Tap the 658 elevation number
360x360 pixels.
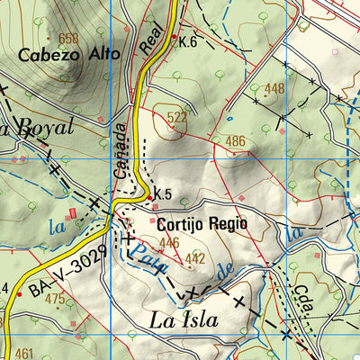(68, 38)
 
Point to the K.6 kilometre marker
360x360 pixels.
(187, 41)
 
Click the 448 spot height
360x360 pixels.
(274, 88)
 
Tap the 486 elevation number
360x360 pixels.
(236, 141)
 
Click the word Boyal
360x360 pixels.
(40, 127)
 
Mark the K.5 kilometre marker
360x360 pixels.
(162, 194)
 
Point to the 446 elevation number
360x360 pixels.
(169, 243)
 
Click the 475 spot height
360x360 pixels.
(55, 299)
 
